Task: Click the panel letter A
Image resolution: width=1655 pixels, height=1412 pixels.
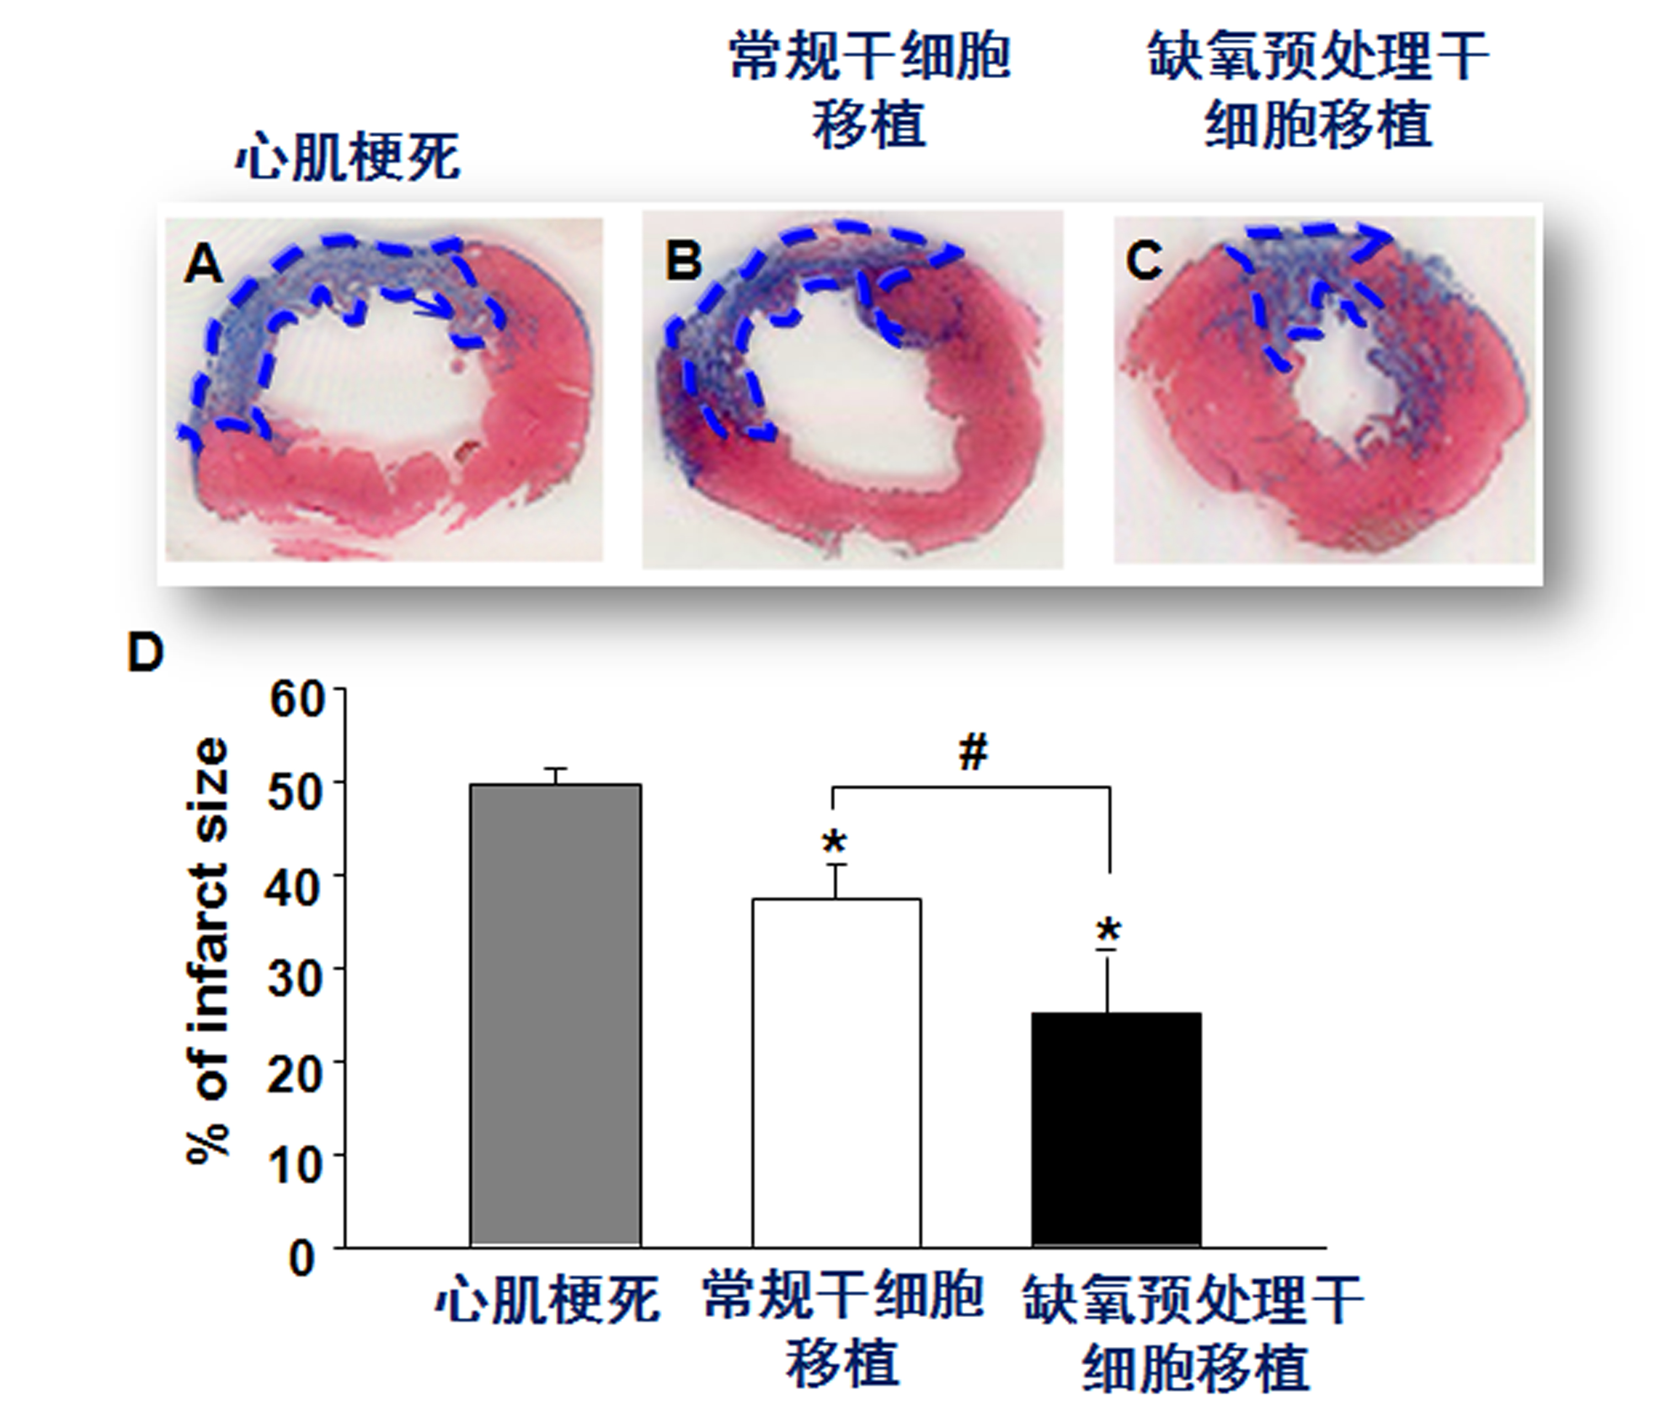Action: coord(203,264)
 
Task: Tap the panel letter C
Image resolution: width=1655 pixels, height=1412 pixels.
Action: coord(1144,260)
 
